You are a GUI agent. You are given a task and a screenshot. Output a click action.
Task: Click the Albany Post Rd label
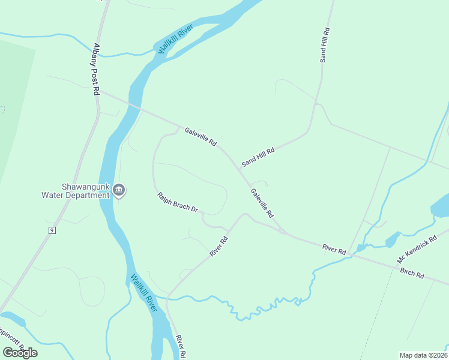tap(96, 69)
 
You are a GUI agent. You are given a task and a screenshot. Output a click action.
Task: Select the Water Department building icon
tap(119, 190)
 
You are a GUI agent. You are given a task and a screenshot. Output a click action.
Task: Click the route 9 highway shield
tap(52, 230)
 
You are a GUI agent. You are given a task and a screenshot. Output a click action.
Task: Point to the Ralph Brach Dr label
tap(178, 202)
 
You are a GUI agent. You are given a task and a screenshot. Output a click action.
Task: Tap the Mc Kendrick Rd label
tap(417, 250)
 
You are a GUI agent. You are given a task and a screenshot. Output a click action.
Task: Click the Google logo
tap(20, 352)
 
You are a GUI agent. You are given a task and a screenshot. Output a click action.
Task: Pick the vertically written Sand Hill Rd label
tap(324, 45)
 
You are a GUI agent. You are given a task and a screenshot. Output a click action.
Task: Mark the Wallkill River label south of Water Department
tap(144, 293)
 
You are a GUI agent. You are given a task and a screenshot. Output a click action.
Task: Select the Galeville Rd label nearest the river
tap(200, 137)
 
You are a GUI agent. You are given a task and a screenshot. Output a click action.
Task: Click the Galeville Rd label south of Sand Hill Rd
tap(262, 203)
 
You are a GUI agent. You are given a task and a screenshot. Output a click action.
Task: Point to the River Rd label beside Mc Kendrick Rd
tap(334, 248)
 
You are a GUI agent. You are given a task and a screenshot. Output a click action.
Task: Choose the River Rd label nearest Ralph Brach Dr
tap(219, 247)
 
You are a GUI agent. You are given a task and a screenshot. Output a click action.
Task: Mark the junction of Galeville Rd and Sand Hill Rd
tap(238, 169)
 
